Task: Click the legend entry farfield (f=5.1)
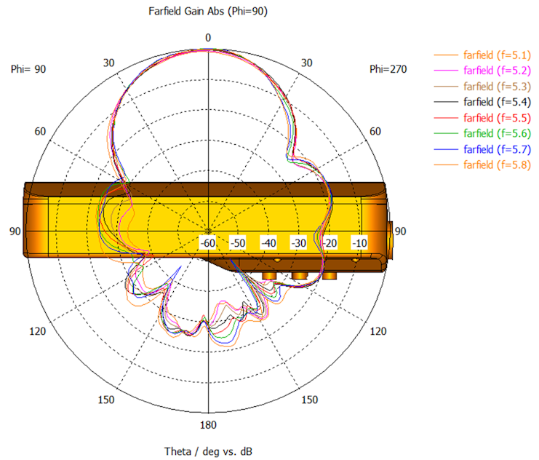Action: [x=497, y=55]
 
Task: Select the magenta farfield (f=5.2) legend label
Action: [x=497, y=71]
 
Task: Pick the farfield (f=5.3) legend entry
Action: [x=497, y=87]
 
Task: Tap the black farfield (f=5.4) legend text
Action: [x=497, y=102]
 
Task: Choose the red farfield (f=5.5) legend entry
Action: [x=497, y=118]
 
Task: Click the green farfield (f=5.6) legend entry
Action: [x=497, y=133]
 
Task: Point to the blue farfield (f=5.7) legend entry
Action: [x=497, y=149]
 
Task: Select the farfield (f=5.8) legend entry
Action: [x=497, y=164]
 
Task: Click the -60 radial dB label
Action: [x=207, y=243]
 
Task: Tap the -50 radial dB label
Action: [x=238, y=243]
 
